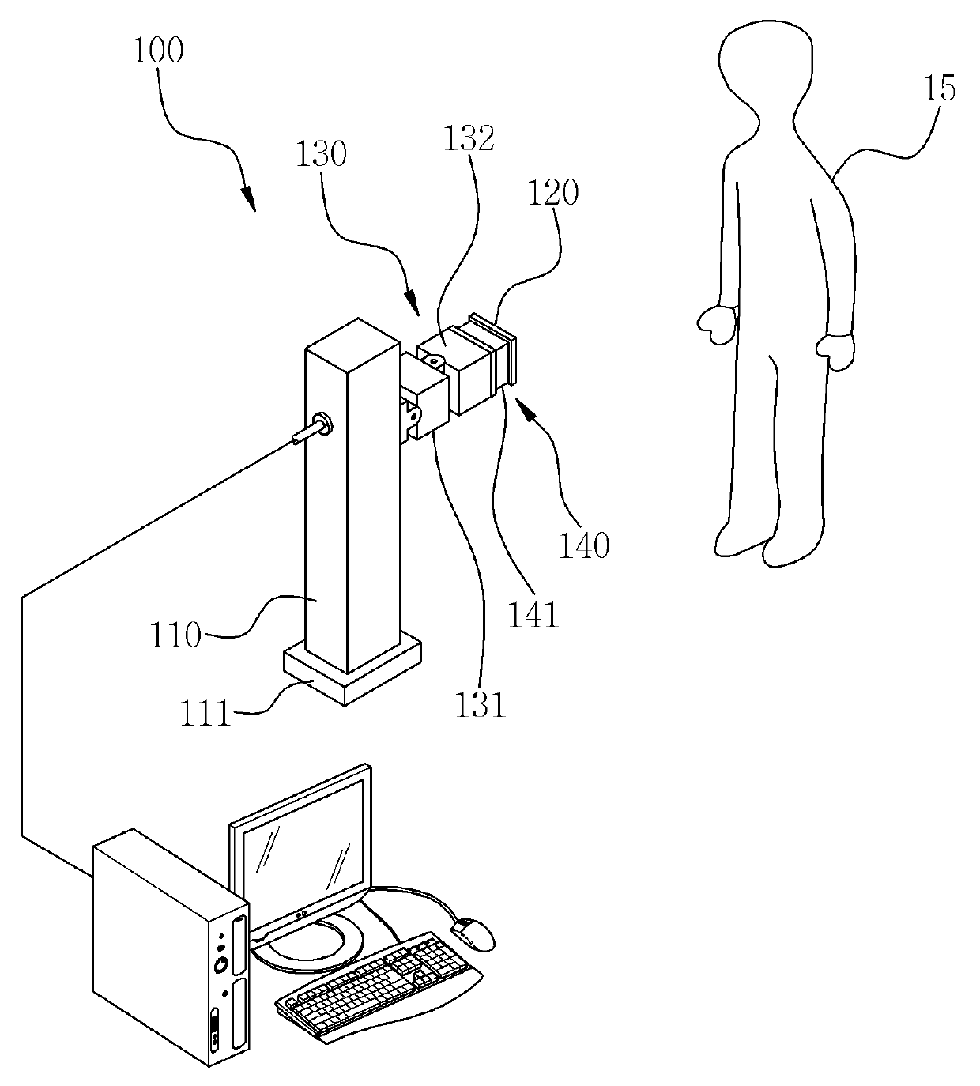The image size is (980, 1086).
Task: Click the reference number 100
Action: pos(158,51)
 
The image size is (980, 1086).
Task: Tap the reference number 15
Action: pos(940,88)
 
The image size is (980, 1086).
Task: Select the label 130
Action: pos(321,154)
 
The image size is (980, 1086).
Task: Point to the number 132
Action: pos(469,138)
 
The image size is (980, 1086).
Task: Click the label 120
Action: pos(552,193)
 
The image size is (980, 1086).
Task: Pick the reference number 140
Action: pos(584,545)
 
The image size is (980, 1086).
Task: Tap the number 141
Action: pos(533,615)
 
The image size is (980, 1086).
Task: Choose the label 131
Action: pos(481,705)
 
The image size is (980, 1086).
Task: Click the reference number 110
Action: pos(175,635)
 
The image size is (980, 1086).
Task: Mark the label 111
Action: pos(205,714)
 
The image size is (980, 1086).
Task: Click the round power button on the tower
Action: pos(221,965)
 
